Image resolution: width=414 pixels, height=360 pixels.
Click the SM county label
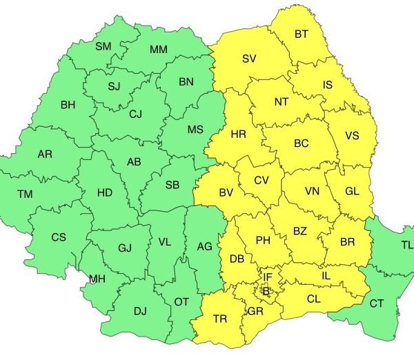coord(103,46)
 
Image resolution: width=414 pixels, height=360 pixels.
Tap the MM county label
coord(158,50)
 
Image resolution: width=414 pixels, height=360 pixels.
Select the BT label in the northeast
coord(302,34)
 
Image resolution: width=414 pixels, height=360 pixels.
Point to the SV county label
coord(248,59)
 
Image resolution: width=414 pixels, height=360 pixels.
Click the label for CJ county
coord(135,115)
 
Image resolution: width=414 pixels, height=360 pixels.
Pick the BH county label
coord(68,106)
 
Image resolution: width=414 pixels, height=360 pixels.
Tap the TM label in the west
coord(24,194)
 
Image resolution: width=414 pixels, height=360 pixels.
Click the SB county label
coord(172,185)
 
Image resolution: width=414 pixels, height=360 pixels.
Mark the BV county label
coord(226,193)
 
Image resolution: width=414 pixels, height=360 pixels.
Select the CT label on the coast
coord(377,303)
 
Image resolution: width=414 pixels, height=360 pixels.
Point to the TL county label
coord(407,245)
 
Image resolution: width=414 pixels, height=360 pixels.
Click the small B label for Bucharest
coord(267,291)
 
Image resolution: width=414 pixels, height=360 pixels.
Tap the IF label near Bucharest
coord(268,277)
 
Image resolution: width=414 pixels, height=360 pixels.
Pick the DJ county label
coord(140,311)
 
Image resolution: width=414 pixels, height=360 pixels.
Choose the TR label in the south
coord(220,319)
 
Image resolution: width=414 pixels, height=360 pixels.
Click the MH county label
coord(97,279)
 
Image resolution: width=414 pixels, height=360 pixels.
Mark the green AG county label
coord(205,246)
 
